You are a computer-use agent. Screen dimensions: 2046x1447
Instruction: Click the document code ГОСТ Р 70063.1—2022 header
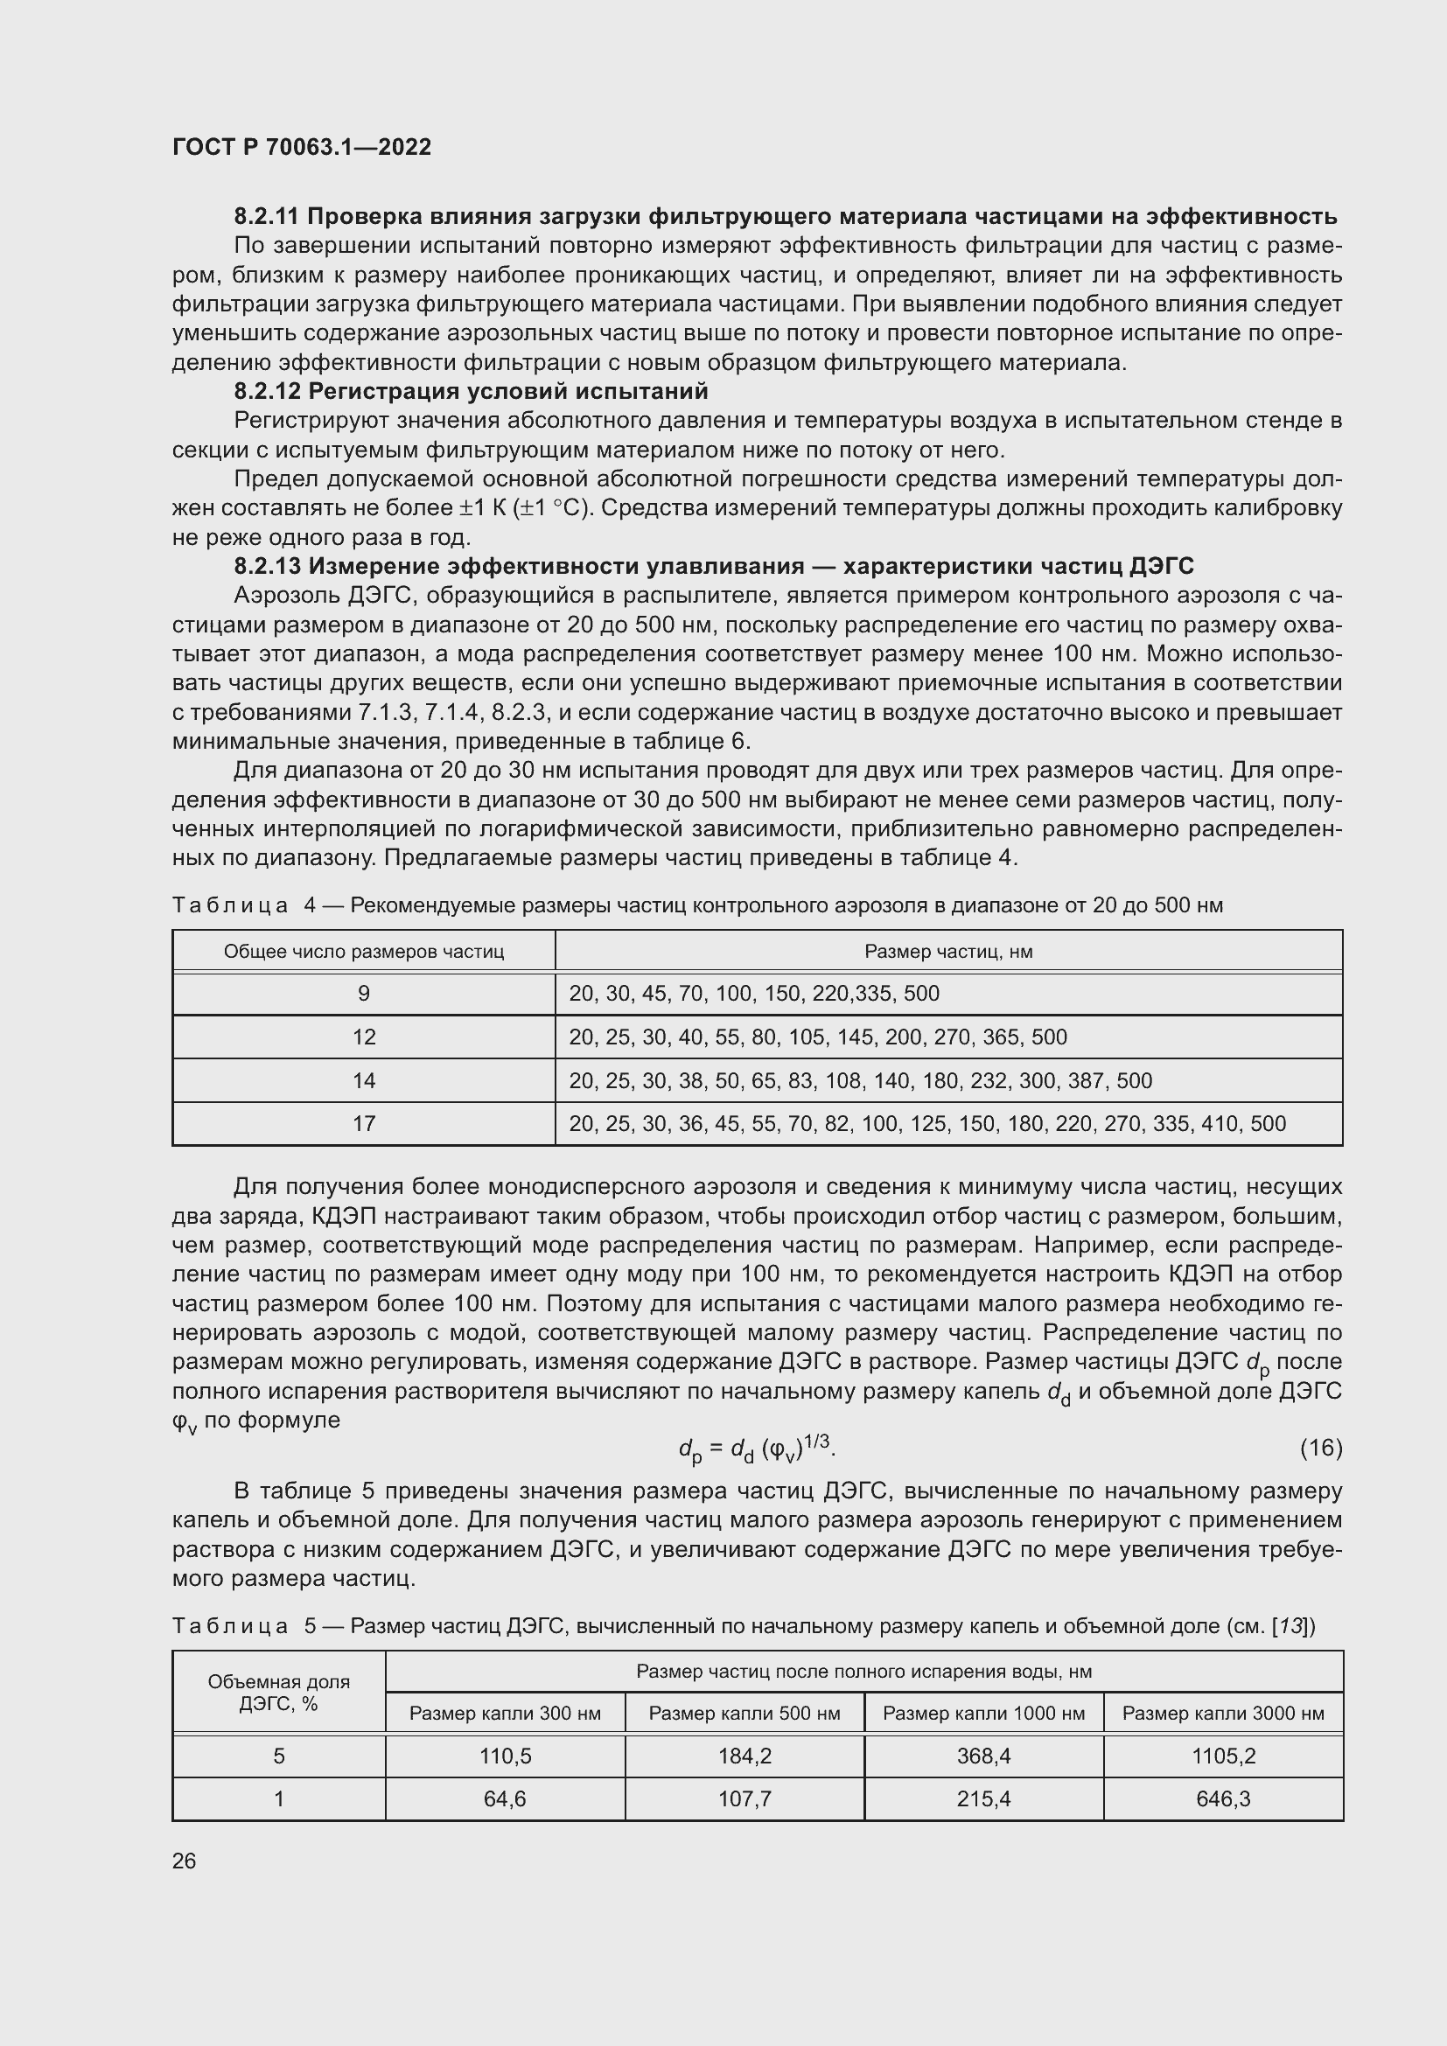301,147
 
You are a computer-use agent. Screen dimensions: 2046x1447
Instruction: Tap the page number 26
184,1861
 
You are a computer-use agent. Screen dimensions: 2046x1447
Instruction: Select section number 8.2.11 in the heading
268,217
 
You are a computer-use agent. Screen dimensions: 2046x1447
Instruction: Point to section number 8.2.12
268,391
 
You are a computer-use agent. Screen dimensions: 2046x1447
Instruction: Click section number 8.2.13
268,566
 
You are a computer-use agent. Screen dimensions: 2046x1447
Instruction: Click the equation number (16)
1320,1448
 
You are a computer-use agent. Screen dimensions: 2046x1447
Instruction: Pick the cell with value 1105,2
1222,1756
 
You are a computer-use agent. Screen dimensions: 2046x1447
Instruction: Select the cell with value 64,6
504,1798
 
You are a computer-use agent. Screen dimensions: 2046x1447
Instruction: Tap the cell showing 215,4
982,1798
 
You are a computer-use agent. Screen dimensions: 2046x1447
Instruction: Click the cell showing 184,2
744,1756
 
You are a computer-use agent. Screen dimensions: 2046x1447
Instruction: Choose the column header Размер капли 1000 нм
982,1713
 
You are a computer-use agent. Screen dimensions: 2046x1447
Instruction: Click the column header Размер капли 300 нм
504,1713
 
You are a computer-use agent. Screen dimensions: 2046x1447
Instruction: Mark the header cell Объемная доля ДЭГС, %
278,1693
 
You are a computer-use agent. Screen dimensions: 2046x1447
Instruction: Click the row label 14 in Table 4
364,1081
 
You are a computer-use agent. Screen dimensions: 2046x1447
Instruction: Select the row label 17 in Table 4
364,1124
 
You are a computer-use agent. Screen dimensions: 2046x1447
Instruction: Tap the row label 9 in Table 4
364,994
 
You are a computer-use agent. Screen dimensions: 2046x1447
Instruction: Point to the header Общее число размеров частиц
364,952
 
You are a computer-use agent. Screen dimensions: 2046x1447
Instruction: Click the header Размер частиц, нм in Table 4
948,952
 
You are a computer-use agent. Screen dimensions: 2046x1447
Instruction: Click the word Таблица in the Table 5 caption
230,1626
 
